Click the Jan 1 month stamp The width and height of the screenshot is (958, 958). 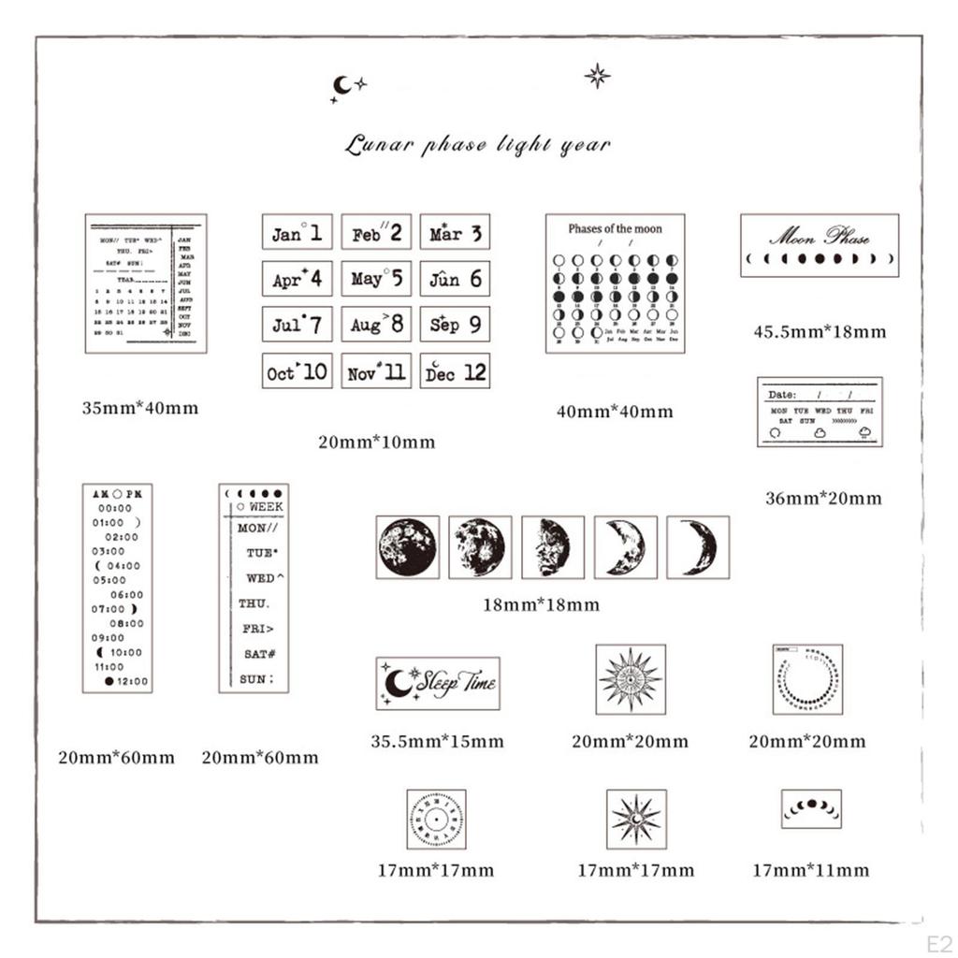tap(297, 232)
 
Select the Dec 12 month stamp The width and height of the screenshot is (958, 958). tap(455, 371)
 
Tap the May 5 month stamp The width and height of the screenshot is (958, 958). tap(376, 278)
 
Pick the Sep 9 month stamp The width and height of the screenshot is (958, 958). tap(455, 325)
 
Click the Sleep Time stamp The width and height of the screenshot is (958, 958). tap(438, 683)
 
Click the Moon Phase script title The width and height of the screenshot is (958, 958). tap(819, 235)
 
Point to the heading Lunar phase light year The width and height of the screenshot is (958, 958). tap(477, 145)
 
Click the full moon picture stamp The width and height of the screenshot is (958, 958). tap(407, 547)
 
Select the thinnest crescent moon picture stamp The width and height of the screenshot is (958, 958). tap(698, 547)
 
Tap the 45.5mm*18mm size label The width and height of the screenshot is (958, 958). tap(820, 331)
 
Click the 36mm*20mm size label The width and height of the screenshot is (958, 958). tap(823, 499)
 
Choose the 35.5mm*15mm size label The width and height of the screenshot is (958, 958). tap(437, 742)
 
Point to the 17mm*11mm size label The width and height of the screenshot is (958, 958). tap(810, 871)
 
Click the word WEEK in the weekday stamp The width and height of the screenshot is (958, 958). tap(266, 506)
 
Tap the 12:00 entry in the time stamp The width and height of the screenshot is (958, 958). tap(132, 681)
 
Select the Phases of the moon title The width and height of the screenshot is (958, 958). tap(615, 228)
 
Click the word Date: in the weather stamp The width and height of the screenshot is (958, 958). tap(782, 394)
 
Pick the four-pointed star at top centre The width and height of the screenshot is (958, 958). tap(597, 76)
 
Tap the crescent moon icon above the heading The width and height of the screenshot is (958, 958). tap(342, 85)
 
